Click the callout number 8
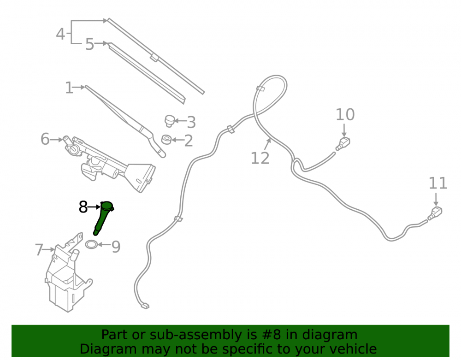tap(83, 207)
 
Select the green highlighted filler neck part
tap(103, 218)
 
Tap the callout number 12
tap(260, 158)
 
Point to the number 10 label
tap(345, 114)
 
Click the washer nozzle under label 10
tap(343, 143)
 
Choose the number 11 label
tap(438, 183)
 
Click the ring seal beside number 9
tap(91, 244)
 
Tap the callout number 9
tap(116, 247)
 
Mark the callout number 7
tap(39, 250)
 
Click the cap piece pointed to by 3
tap(169, 121)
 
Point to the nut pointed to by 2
tap(166, 140)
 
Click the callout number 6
tap(45, 139)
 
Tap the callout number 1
tap(69, 88)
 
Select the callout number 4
tap(60, 34)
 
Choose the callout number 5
tap(89, 44)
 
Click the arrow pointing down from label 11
tap(436, 199)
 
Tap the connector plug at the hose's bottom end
tap(145, 306)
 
